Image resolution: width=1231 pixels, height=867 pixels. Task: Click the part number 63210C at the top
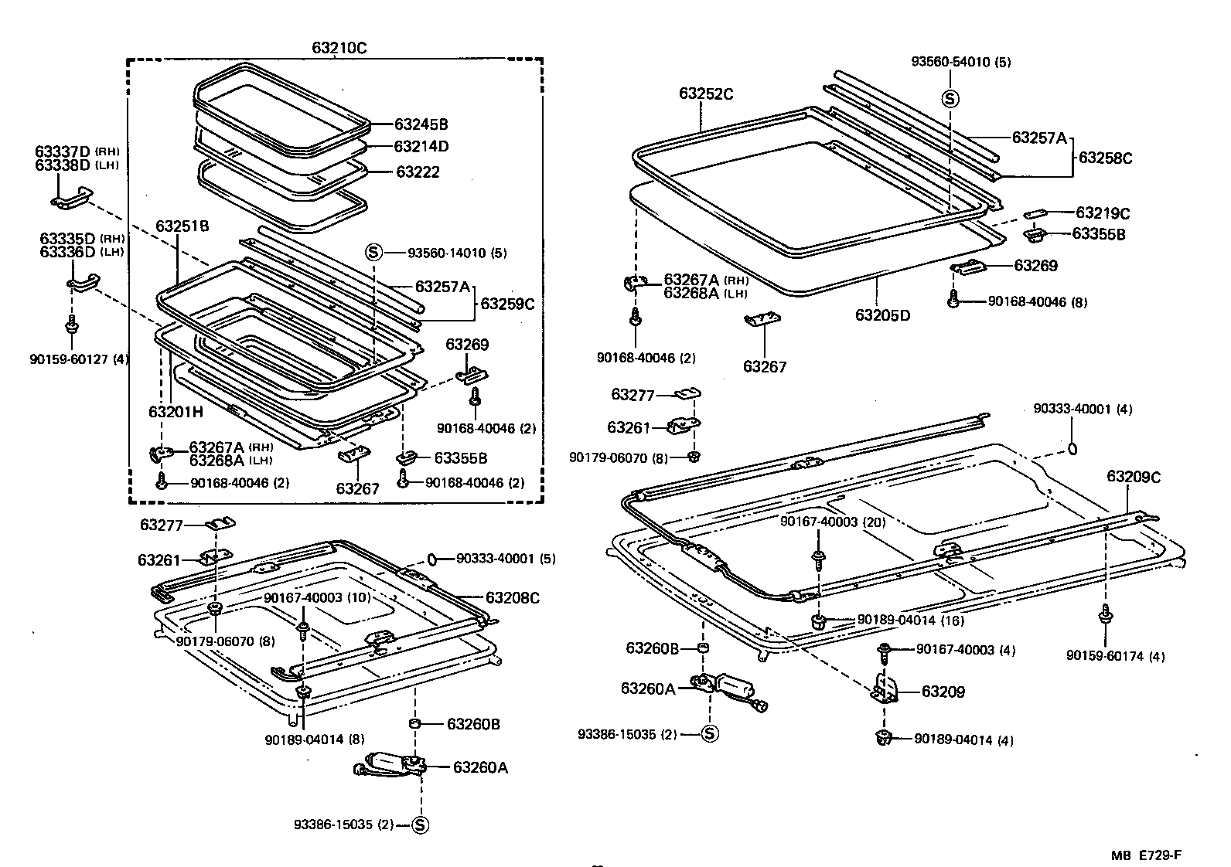[x=339, y=47]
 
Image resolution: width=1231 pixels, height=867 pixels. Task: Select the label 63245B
[x=421, y=124]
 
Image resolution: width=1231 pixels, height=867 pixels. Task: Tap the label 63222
[x=418, y=172]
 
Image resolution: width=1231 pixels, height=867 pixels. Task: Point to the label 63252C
[x=706, y=93]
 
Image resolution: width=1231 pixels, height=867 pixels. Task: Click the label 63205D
[x=882, y=315]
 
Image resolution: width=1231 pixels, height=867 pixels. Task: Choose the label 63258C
[x=1105, y=158]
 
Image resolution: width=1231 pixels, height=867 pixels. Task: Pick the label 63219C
[x=1103, y=212]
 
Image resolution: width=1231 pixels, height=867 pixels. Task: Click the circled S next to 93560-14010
[x=373, y=252]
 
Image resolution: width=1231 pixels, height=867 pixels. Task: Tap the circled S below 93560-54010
[x=950, y=98]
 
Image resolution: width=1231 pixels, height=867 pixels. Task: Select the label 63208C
[x=512, y=597]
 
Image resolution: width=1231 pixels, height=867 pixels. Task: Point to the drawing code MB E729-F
[x=1147, y=855]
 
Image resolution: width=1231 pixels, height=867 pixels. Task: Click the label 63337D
[x=62, y=151]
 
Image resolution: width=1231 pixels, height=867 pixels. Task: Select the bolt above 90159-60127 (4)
[x=71, y=325]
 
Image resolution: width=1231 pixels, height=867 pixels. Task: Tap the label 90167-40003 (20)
[x=832, y=522]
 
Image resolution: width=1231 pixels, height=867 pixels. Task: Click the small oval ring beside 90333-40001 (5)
[x=432, y=558]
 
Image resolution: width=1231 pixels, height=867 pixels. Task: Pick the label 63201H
[x=176, y=412]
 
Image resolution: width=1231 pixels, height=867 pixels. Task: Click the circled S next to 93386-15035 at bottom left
[x=420, y=824]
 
